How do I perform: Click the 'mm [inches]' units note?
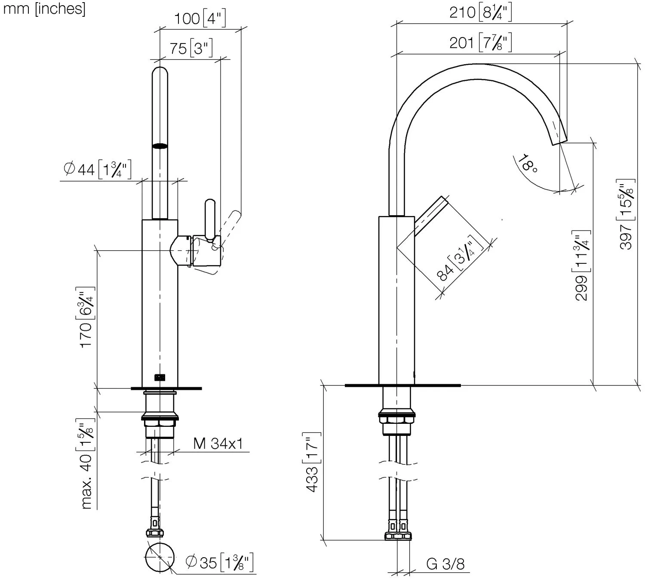click(x=44, y=9)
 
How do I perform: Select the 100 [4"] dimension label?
click(x=200, y=19)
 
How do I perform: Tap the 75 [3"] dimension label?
click(x=191, y=48)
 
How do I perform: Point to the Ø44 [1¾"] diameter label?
click(x=98, y=169)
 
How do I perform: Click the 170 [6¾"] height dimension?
click(x=86, y=317)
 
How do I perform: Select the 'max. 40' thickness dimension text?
click(x=86, y=463)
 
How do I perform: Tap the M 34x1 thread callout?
click(x=218, y=444)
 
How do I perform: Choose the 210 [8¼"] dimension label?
click(x=480, y=12)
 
